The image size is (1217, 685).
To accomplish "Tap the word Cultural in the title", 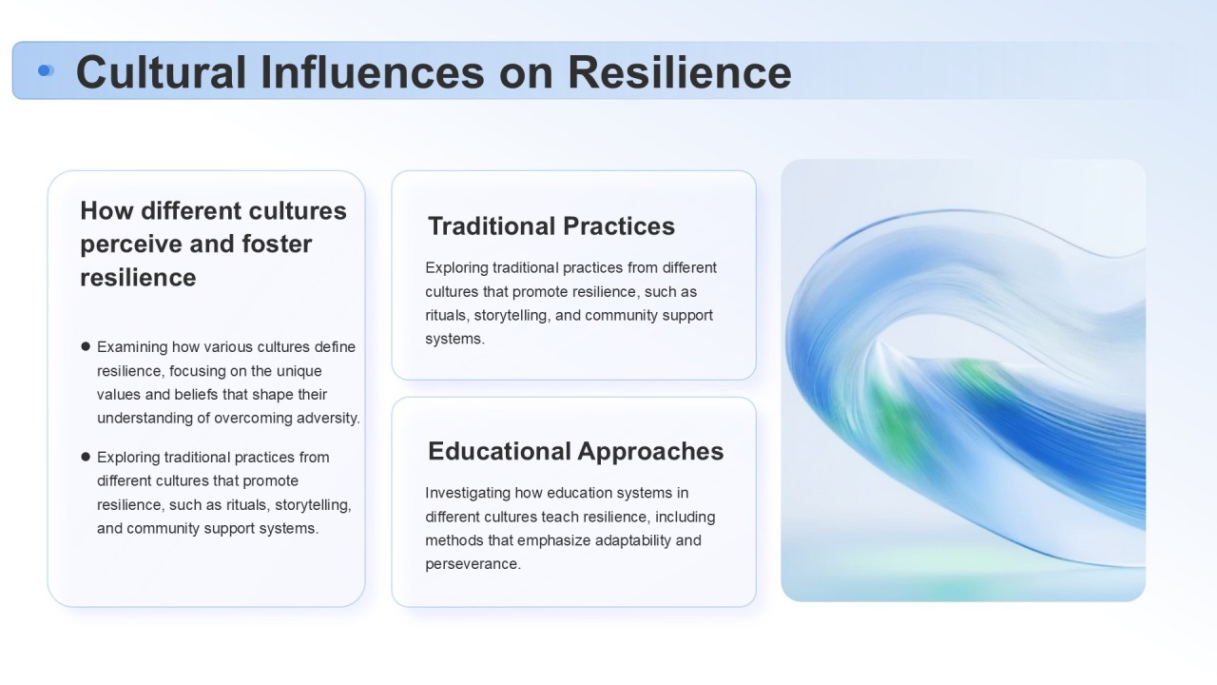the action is click(162, 72).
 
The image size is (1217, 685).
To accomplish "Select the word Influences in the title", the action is click(372, 72).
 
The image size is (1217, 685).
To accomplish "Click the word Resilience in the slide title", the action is click(680, 72).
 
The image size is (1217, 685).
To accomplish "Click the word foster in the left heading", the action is click(277, 244).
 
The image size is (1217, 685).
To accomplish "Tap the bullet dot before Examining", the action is click(86, 346).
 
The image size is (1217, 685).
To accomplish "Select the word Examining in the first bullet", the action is click(132, 347).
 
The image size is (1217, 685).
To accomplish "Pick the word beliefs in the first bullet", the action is click(196, 394).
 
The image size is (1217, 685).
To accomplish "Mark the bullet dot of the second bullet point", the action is click(86, 457).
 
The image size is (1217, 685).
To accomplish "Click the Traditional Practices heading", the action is click(551, 226).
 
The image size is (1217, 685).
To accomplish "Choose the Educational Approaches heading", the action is click(576, 451).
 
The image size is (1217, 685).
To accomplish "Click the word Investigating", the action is click(468, 494).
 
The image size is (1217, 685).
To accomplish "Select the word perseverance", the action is click(473, 564).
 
